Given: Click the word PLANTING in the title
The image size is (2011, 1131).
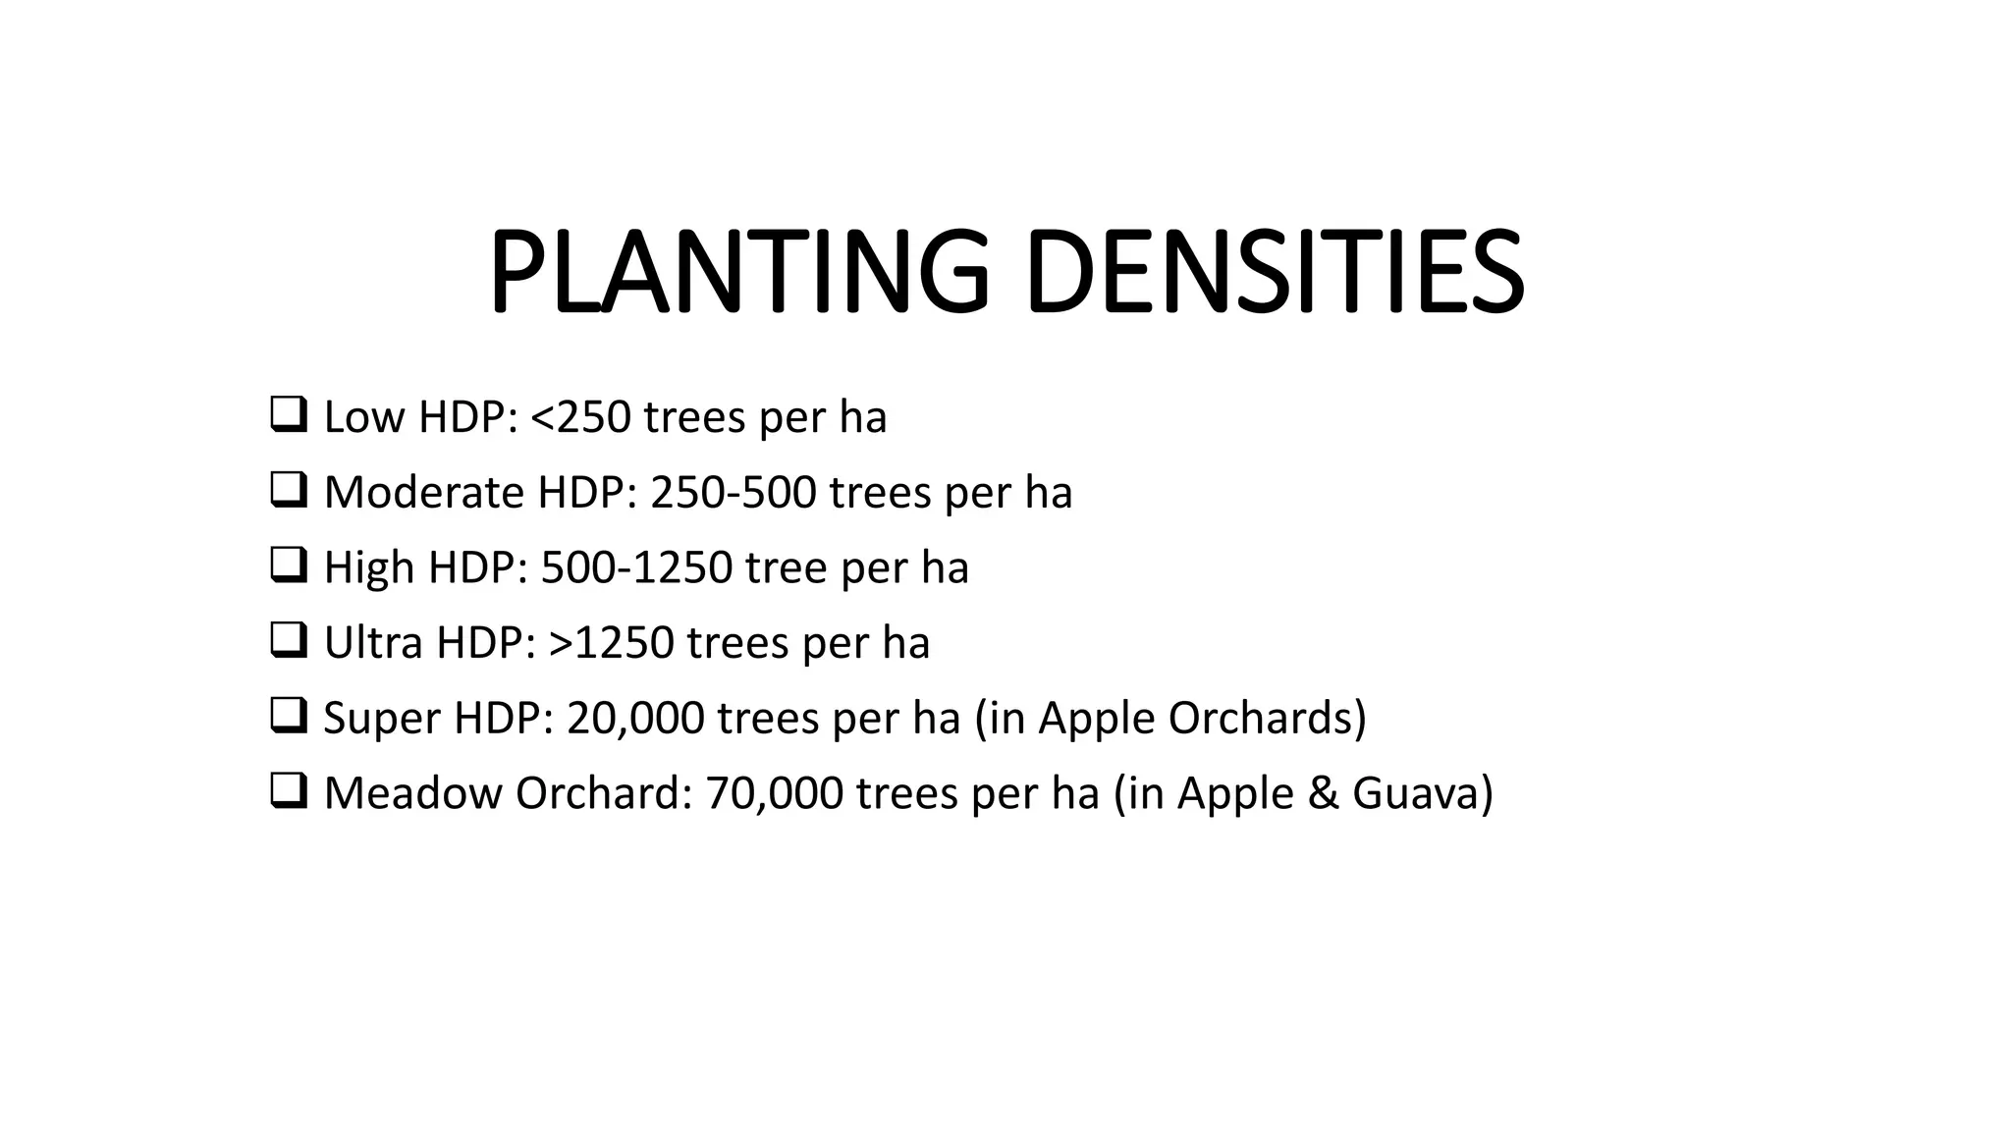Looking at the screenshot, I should coord(738,271).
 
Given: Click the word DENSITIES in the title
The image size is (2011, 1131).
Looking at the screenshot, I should coord(1274,271).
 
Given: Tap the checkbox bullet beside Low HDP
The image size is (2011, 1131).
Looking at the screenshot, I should coord(288,415).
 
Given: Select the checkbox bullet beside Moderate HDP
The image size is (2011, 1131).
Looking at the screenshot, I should coord(288,490).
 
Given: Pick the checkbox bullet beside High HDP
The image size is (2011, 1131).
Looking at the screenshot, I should coord(288,565).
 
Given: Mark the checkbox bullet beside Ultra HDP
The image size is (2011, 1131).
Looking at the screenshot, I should coord(288,641).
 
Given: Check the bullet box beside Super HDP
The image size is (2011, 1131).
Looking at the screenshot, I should coord(288,716).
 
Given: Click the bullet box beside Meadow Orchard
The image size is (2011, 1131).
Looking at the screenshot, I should coord(288,791).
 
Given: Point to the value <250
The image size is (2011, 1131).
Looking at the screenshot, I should coord(580,417).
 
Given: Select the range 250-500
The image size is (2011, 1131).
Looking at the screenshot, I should coord(733,492).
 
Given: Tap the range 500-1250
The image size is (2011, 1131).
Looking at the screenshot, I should coord(636,567).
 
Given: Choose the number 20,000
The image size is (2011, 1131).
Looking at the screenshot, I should coord(635,719).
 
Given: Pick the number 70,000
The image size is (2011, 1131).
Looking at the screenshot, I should coord(774,793).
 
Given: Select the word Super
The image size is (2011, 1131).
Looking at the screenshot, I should coord(380,719).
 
